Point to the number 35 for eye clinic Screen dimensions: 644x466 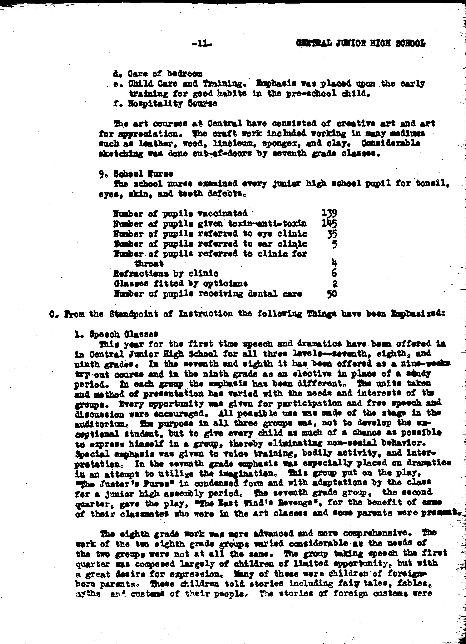point(332,234)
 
